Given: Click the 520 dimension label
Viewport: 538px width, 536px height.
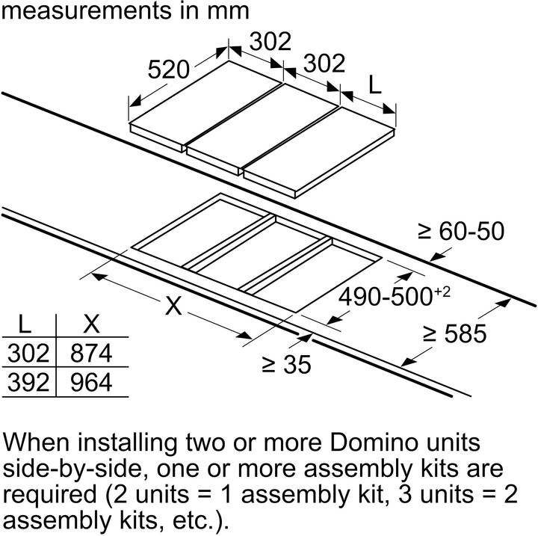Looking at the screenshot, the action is click(168, 70).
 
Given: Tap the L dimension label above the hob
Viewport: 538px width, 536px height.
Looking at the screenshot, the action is click(375, 84).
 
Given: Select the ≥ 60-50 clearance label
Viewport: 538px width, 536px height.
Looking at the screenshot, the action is click(461, 231).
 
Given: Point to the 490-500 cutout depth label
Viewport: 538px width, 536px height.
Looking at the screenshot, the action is click(385, 297).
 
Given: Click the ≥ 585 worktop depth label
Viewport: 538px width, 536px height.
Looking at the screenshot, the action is click(454, 333).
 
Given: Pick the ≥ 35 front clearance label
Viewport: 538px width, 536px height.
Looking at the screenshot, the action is click(286, 364).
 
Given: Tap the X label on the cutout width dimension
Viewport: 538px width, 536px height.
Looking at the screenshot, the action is click(173, 306).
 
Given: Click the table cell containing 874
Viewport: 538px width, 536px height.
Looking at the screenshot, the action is click(91, 353).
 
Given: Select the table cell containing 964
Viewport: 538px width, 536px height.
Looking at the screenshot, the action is click(91, 382).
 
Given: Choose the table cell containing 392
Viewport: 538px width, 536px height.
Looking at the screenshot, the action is click(28, 382).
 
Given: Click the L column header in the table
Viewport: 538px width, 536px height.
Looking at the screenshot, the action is click(25, 324).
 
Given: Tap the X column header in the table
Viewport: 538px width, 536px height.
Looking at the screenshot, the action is click(91, 324).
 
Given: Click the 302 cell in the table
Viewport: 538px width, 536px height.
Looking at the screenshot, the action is click(28, 353).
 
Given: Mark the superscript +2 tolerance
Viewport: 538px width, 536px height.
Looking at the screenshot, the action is click(442, 292).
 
